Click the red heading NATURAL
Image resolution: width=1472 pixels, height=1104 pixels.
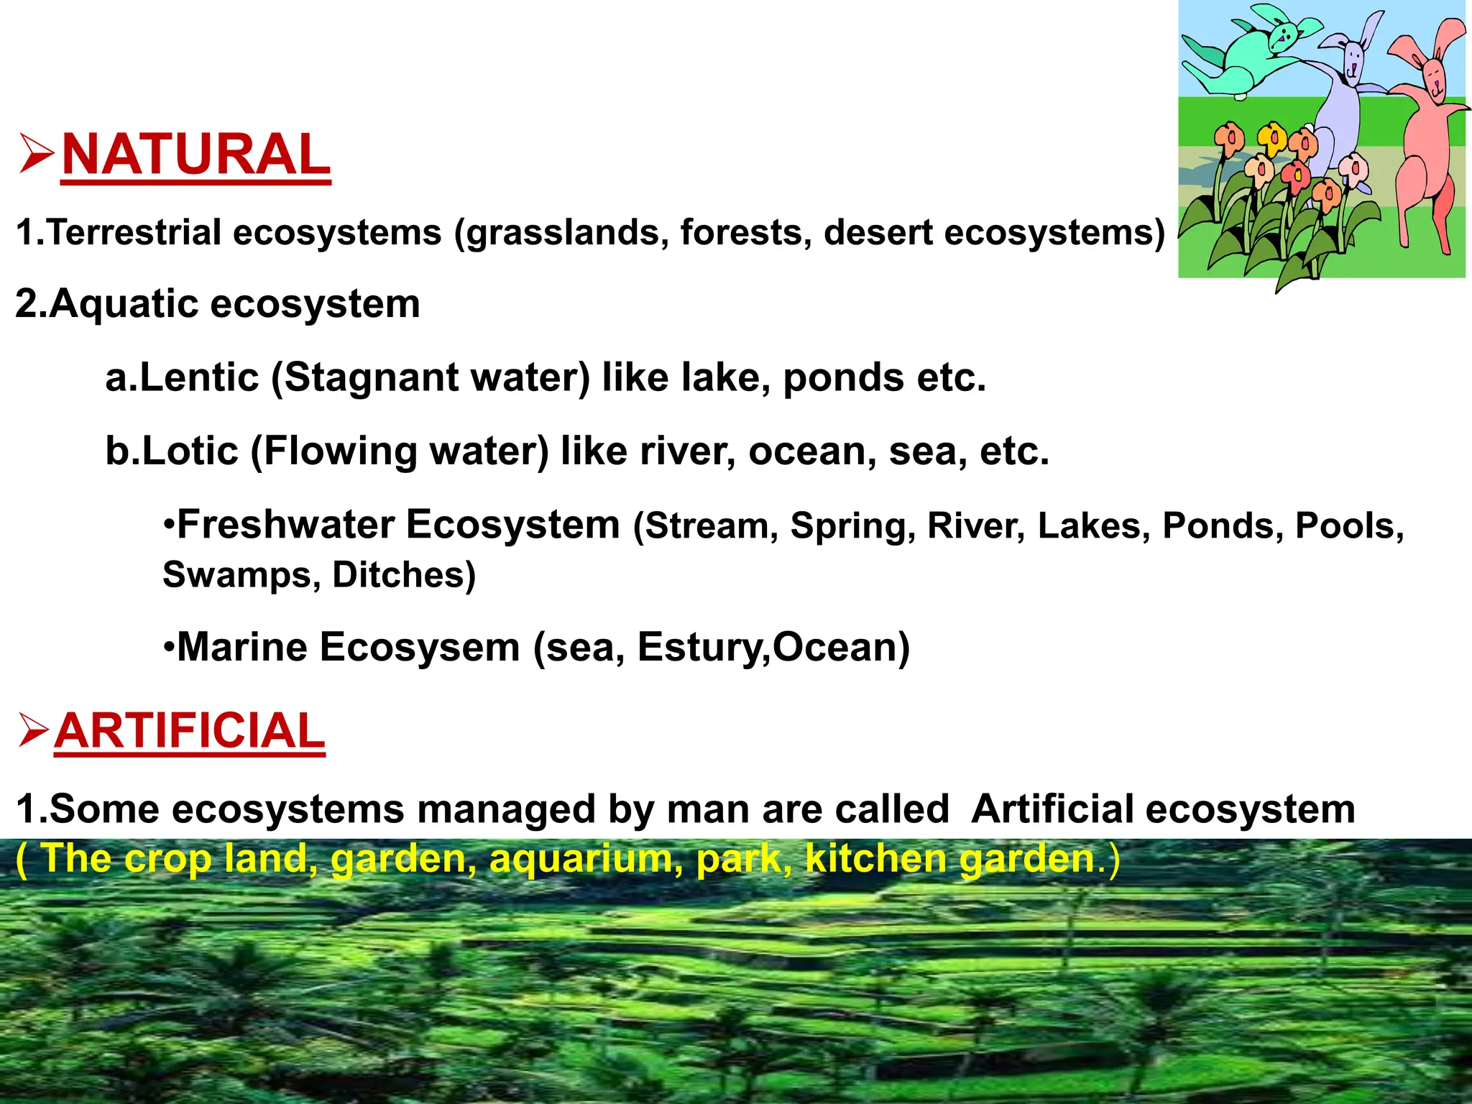coord(195,155)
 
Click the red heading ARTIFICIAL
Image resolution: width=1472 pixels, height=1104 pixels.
coord(189,731)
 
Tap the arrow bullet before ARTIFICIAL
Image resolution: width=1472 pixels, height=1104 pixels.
coord(33,730)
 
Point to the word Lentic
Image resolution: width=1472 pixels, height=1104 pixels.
coord(198,377)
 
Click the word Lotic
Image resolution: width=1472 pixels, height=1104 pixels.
coord(190,451)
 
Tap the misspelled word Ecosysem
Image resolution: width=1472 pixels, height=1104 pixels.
coord(419,647)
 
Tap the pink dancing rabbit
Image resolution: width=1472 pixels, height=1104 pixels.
coord(1427,137)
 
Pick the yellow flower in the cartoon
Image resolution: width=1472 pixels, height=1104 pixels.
coord(1271,137)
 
